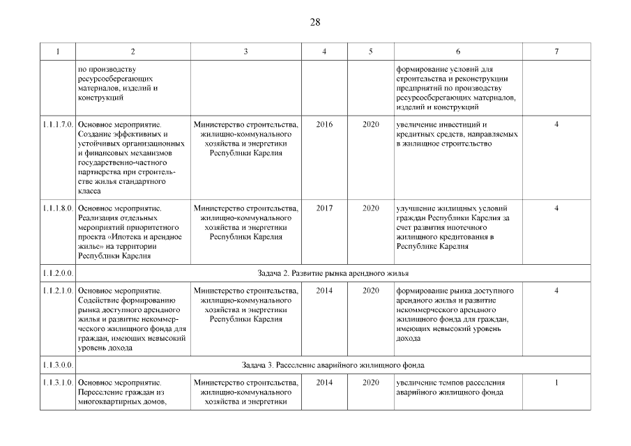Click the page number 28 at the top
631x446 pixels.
tap(315, 22)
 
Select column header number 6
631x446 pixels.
tap(457, 52)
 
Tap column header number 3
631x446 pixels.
tap(245, 52)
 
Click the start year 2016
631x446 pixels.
tap(324, 124)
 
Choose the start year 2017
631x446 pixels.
tap(324, 208)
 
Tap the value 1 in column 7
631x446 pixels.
tap(556, 383)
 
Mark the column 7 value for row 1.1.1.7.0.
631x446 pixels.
tap(556, 124)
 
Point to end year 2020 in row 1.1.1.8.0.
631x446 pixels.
tap(370, 208)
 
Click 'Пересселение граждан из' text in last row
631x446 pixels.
tap(121, 392)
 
